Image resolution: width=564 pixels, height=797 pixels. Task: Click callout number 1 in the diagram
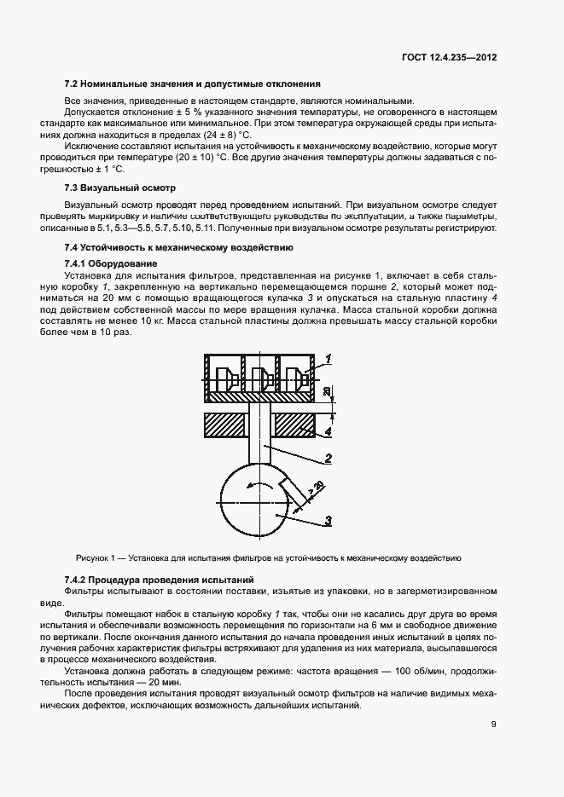(x=328, y=358)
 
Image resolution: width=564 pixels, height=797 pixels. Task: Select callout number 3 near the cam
(x=327, y=520)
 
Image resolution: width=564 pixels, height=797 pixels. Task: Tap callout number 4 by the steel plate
(x=327, y=432)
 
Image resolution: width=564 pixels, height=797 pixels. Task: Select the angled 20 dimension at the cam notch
(x=317, y=487)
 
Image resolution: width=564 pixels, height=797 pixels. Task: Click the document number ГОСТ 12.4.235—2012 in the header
(x=450, y=59)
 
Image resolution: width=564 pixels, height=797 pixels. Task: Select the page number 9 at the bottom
(x=493, y=725)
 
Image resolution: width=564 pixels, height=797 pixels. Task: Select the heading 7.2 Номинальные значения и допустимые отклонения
(x=192, y=84)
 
